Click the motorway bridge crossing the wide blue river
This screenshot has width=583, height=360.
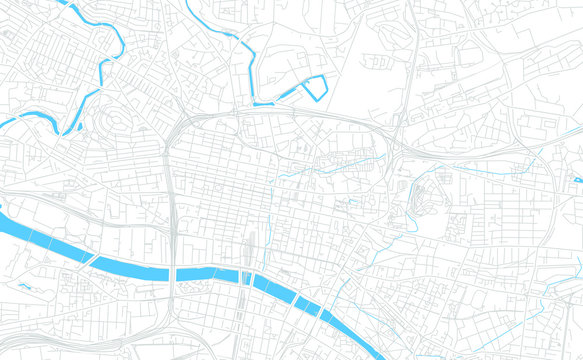click(x=174, y=272)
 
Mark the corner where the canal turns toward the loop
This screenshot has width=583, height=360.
click(x=254, y=102)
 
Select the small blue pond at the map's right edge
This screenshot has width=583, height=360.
click(x=578, y=180)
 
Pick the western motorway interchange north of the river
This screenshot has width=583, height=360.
click(x=180, y=130)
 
